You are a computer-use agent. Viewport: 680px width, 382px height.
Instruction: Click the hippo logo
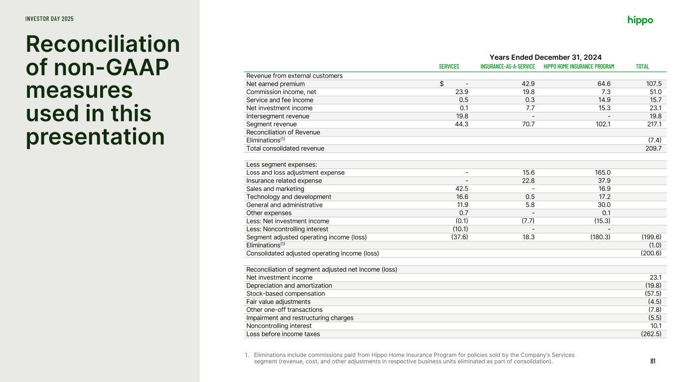640,20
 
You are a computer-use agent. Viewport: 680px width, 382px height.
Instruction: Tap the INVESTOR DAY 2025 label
49,19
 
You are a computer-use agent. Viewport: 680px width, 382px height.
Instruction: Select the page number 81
653,361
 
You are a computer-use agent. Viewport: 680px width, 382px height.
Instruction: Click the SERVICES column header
449,67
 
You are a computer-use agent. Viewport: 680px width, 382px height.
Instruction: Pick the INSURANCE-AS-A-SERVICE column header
507,67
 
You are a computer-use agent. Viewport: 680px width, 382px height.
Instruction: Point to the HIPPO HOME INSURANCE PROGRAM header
579,67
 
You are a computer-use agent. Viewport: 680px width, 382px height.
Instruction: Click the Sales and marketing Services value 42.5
461,189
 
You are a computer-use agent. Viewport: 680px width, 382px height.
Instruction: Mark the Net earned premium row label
275,84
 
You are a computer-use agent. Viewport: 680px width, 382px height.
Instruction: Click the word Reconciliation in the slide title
103,45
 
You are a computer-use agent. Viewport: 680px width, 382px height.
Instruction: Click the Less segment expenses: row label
281,165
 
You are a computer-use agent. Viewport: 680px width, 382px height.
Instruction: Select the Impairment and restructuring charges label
300,318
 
